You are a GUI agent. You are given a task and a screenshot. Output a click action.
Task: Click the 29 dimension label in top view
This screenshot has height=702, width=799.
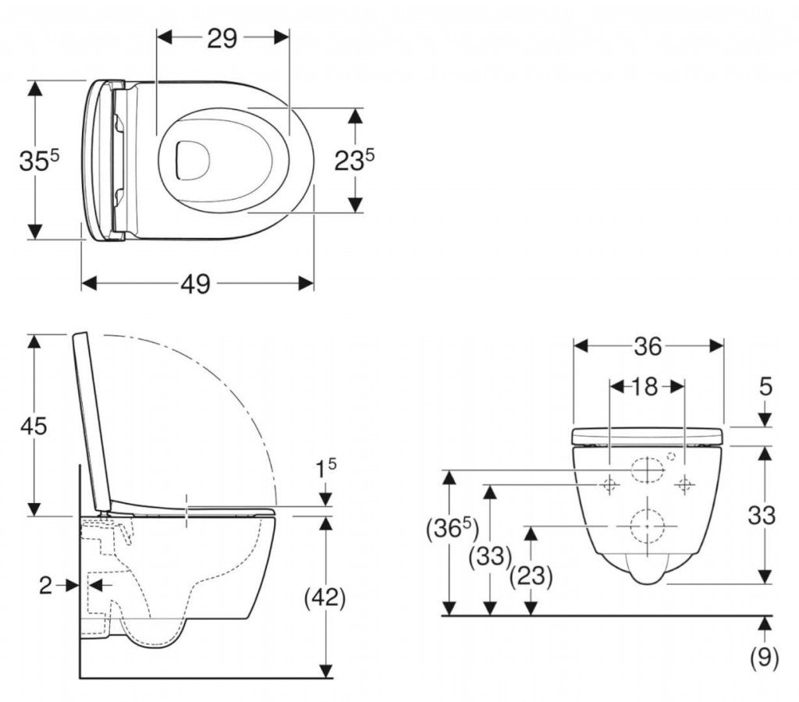[x=222, y=38]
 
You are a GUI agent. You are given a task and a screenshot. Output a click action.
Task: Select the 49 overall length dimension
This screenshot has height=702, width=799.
[x=196, y=284]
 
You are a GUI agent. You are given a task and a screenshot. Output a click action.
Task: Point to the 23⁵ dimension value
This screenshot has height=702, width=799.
[x=354, y=161]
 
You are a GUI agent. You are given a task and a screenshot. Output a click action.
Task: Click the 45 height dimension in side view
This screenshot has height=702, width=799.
[x=34, y=426]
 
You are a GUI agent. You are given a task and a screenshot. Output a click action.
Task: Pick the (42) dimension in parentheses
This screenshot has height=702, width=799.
[x=324, y=597]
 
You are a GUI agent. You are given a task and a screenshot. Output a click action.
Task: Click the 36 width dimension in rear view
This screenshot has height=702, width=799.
[x=648, y=346]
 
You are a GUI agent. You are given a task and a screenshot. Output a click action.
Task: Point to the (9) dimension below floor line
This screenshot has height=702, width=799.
[x=764, y=659]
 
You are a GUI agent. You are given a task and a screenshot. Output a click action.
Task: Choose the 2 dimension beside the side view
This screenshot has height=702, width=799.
[x=46, y=585]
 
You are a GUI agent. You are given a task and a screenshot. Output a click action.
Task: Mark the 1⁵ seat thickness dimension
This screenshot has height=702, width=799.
[x=326, y=470]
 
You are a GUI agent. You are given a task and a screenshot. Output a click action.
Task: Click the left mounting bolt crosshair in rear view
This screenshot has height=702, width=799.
[x=609, y=484]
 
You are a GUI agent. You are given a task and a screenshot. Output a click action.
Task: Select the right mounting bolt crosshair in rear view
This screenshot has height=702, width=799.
[x=684, y=484]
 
